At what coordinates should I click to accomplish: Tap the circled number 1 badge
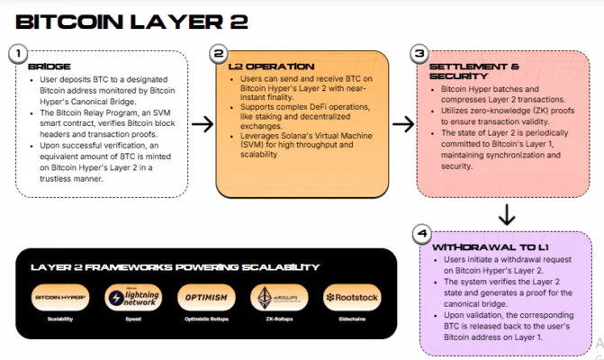(17, 53)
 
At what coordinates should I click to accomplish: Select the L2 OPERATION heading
(262, 67)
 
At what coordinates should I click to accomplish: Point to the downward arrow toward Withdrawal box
(507, 214)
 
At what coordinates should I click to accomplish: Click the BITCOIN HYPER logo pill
(60, 297)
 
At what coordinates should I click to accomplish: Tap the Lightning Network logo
(132, 297)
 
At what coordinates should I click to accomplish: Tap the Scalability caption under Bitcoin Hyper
(60, 319)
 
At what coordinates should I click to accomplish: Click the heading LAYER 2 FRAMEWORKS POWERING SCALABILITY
(175, 266)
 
